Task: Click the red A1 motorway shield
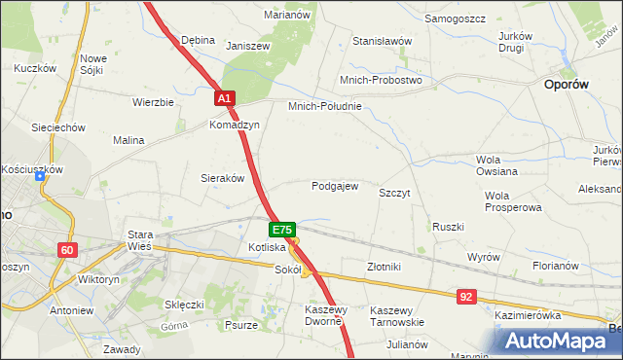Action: [224, 99]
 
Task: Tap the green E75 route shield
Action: [281, 230]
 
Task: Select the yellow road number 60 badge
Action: [66, 250]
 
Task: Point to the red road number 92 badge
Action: [467, 295]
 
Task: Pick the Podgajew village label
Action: [335, 186]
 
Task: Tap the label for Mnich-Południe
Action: [324, 106]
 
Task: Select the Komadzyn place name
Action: [234, 126]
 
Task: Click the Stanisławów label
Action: [383, 42]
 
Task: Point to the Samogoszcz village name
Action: [456, 18]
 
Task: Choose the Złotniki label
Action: [384, 267]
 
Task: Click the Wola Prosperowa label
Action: [512, 201]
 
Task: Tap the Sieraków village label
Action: [222, 178]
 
